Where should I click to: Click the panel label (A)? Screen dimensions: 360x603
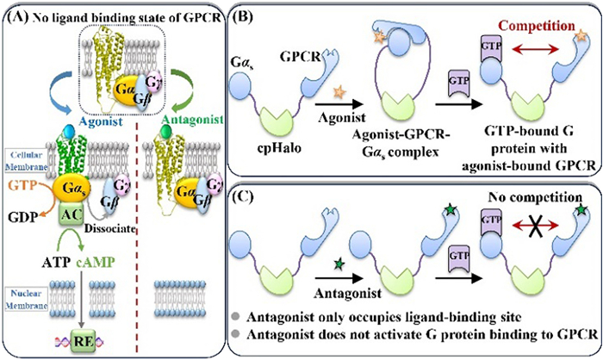(20, 11)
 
